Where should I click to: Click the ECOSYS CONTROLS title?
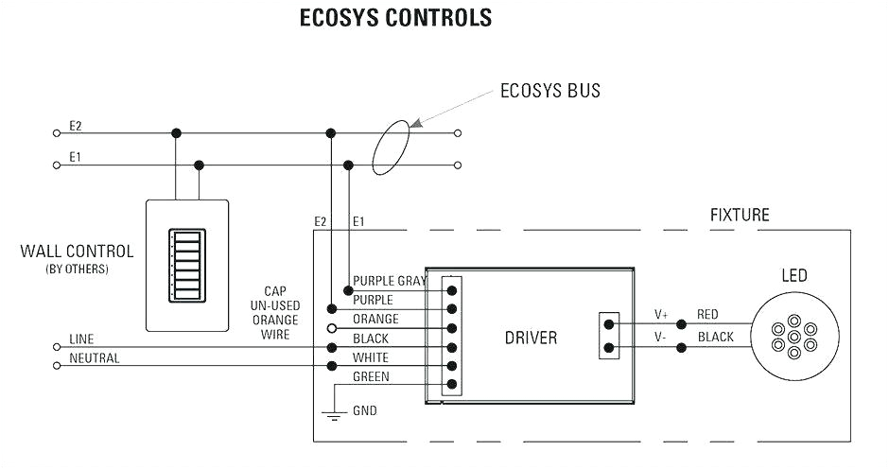click(x=395, y=18)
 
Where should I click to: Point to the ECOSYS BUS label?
click(x=549, y=92)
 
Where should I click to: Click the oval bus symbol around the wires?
click(x=394, y=148)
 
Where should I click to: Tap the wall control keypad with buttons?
click(x=186, y=265)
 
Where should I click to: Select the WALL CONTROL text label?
click(x=77, y=252)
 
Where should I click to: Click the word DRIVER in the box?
click(x=530, y=338)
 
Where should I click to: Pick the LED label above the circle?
click(x=793, y=276)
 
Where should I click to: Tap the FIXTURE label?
click(x=740, y=216)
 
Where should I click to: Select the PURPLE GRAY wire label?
click(x=389, y=281)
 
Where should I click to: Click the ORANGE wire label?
click(x=375, y=320)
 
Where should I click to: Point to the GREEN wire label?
click(x=371, y=377)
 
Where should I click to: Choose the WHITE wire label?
click(x=371, y=357)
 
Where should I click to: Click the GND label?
click(x=365, y=412)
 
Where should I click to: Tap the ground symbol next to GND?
click(x=331, y=414)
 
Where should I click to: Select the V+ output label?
click(x=660, y=314)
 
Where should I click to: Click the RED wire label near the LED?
click(x=707, y=314)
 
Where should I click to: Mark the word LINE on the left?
click(x=81, y=339)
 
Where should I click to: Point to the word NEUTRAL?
click(x=95, y=359)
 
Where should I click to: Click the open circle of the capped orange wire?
click(x=331, y=328)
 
